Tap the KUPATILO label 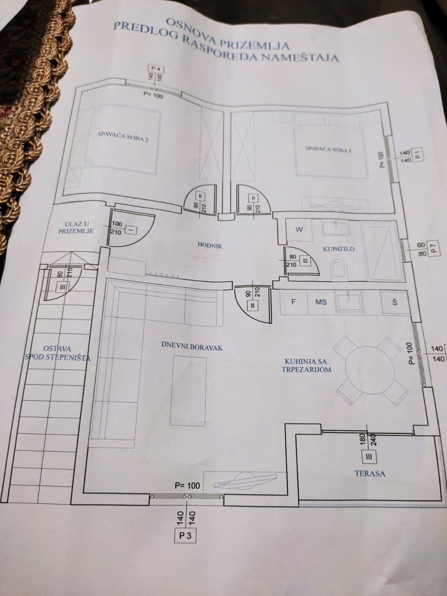[339, 249]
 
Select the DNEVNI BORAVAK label [192, 347]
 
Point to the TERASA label [370, 474]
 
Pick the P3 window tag [185, 535]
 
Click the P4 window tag [157, 70]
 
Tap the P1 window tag [418, 155]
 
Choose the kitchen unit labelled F [293, 302]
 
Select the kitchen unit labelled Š [395, 303]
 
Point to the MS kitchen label [321, 302]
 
